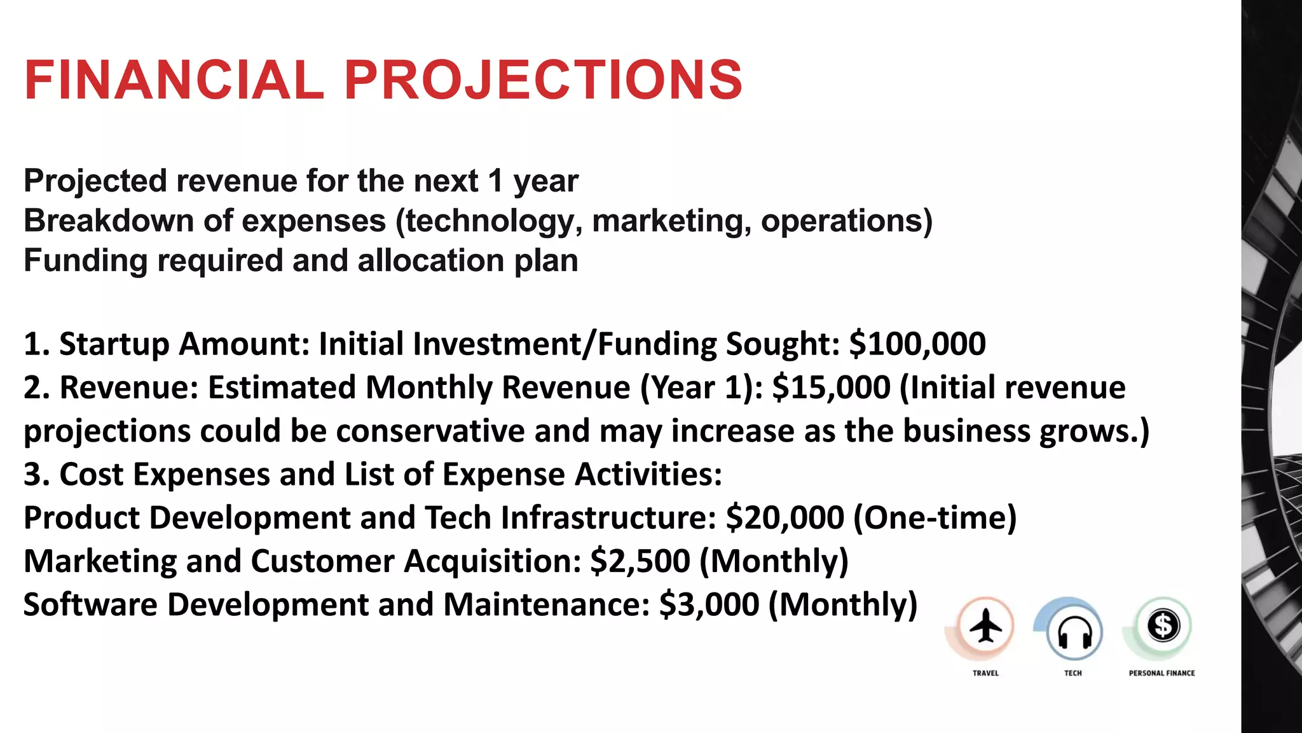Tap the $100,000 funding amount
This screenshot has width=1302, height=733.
(x=917, y=344)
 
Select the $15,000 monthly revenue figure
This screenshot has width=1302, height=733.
(x=831, y=387)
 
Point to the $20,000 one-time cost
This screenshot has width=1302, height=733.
(x=785, y=517)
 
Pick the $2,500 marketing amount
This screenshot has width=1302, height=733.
(x=640, y=561)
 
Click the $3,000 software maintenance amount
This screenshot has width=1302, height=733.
(x=709, y=604)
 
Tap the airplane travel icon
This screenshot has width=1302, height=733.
(x=985, y=627)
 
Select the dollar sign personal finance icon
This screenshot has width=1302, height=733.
(x=1163, y=626)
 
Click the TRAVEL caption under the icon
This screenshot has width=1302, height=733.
(x=985, y=673)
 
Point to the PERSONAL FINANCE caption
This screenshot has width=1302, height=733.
(x=1162, y=673)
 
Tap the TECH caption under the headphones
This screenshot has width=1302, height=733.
(x=1073, y=673)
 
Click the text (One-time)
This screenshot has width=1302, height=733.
(x=935, y=517)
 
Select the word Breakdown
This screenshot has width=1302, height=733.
(x=109, y=221)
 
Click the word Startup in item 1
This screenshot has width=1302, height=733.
(x=114, y=344)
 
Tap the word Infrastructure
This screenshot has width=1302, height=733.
(x=608, y=517)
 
